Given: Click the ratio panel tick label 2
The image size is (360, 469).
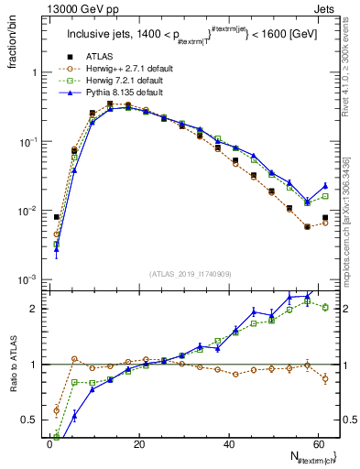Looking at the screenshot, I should pyautogui.click(x=35, y=308).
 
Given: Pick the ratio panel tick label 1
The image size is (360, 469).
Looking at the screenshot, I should pyautogui.click(x=35, y=365).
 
